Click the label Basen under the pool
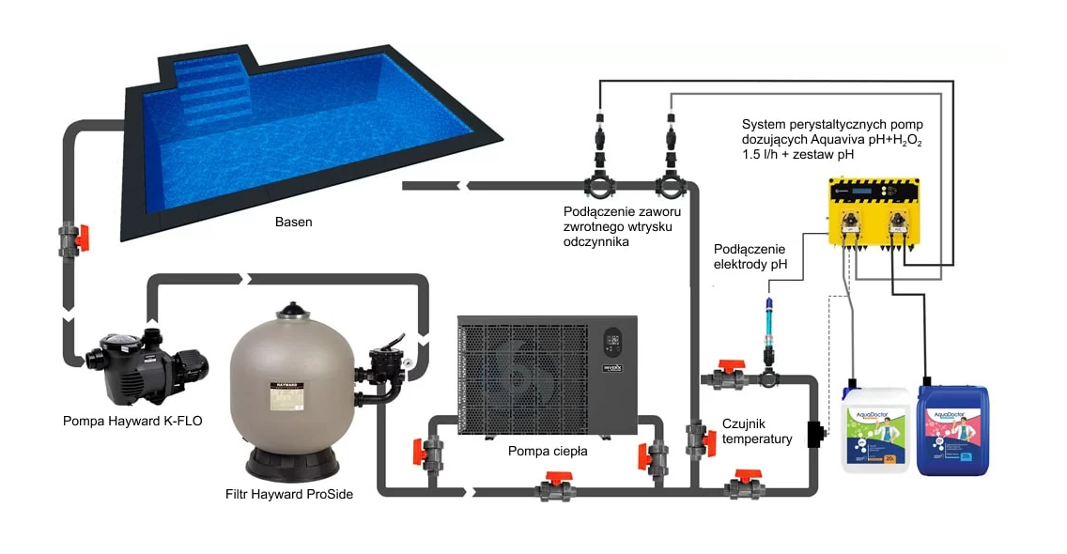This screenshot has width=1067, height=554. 293,223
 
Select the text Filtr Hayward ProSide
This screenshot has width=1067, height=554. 289,493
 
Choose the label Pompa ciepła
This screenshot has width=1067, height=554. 548,451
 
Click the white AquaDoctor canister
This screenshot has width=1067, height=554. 874,429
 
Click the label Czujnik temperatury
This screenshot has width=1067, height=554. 757,431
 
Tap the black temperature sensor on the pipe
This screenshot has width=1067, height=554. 813,435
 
